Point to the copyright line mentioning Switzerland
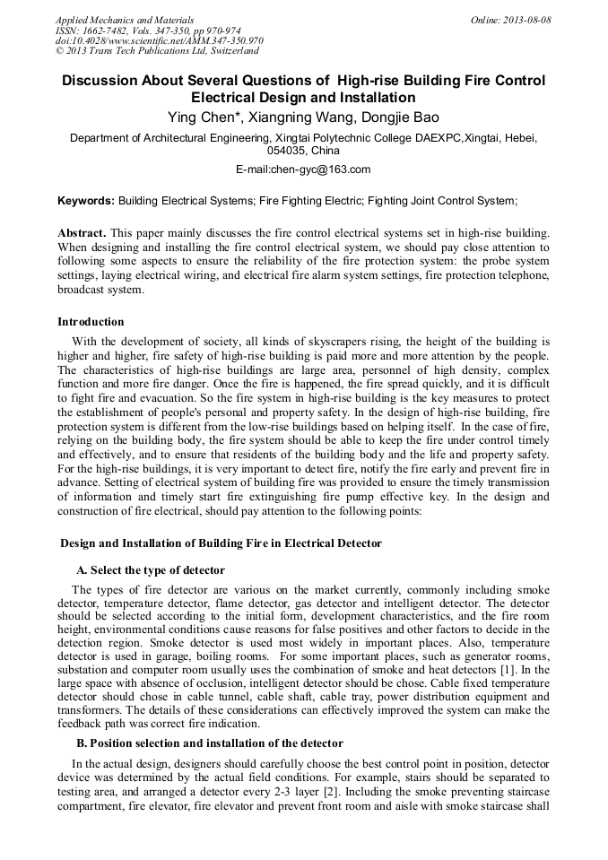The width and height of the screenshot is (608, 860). (158, 51)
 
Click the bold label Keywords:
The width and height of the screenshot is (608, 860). (86, 202)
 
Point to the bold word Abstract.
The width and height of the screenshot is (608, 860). (82, 232)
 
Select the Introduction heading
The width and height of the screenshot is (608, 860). (91, 322)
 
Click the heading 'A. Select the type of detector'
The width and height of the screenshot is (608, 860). (151, 570)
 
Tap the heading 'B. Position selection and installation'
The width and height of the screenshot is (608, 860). (209, 743)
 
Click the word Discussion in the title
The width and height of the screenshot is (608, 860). (99, 81)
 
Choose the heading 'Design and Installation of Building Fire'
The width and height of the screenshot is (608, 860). (221, 543)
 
